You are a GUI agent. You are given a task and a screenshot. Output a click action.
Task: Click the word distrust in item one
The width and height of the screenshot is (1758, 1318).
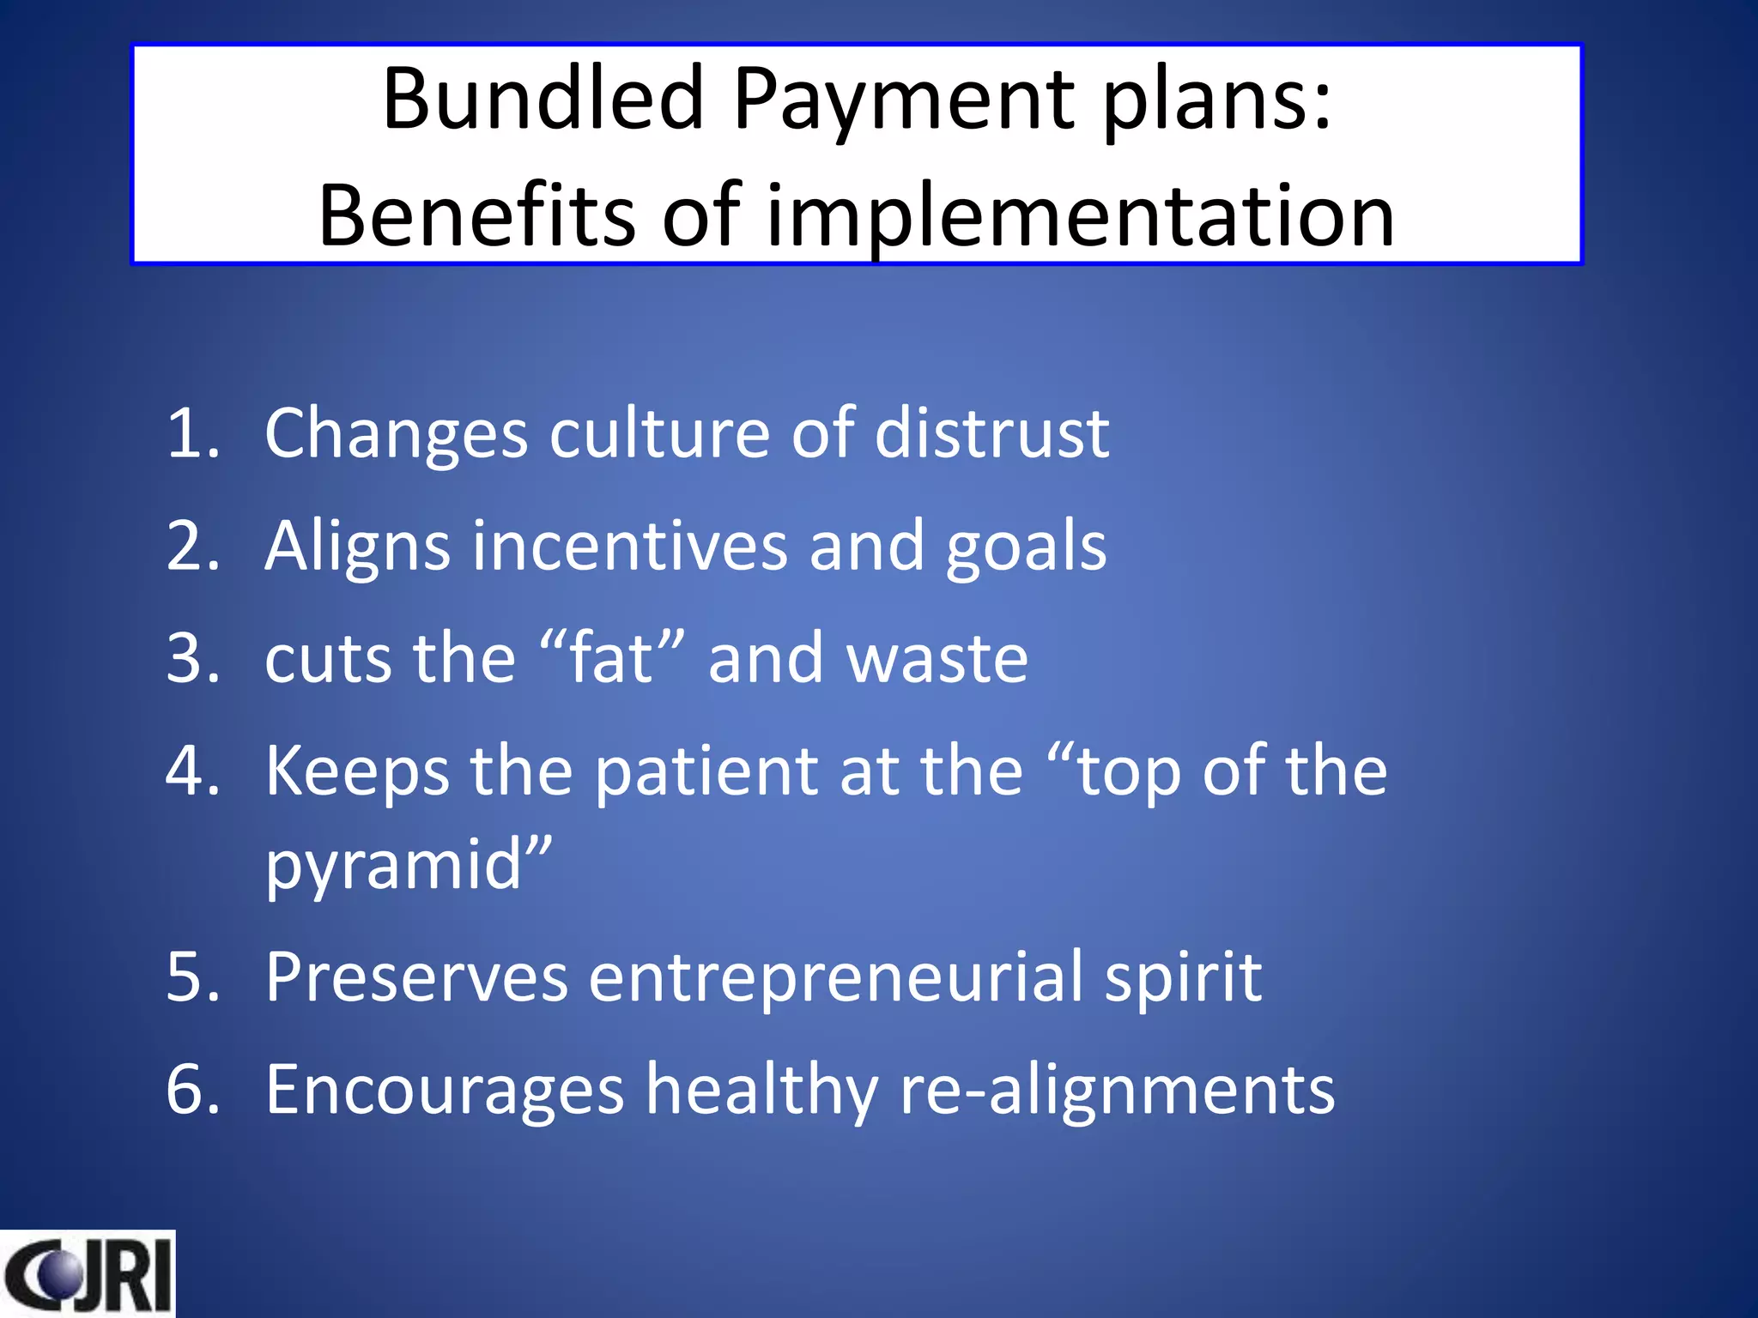coord(991,432)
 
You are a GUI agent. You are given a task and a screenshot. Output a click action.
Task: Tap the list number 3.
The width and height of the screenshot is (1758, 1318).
coord(192,658)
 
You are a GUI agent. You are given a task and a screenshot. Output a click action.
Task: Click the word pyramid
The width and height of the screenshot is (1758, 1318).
coord(395,865)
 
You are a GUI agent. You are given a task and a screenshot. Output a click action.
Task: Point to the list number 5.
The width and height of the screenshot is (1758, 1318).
coord(192,976)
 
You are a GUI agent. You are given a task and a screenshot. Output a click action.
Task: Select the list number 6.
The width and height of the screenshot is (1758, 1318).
coord(192,1090)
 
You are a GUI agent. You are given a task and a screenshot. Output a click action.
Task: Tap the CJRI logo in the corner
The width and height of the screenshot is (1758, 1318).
coord(87,1273)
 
